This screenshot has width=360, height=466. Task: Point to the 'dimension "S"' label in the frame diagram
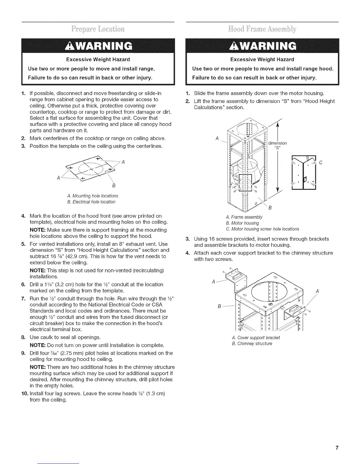(277, 145)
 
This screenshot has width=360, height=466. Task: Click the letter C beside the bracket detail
(321, 162)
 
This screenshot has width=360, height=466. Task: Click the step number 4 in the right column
(188, 253)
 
